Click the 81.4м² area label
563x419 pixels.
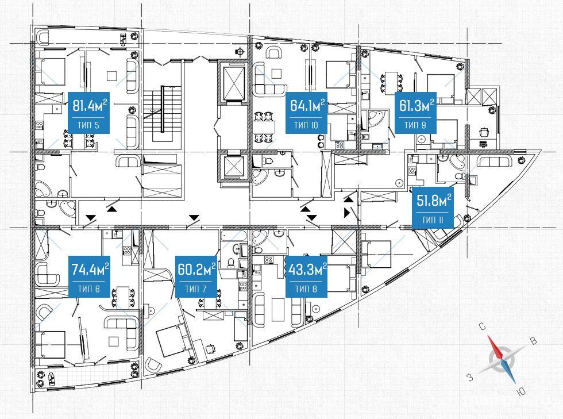90,106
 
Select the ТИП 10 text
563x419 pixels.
306,125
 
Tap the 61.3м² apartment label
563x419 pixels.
416,106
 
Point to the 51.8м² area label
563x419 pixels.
433,201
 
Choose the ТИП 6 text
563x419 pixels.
88,289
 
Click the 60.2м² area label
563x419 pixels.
196,269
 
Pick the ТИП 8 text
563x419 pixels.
306,289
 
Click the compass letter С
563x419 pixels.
483,326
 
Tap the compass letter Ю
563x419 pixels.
520,391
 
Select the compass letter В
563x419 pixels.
534,340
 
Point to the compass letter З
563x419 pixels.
470,377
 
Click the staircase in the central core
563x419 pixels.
163,114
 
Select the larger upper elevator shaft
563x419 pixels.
233,82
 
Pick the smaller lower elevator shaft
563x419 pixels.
233,166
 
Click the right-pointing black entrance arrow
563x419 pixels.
347,213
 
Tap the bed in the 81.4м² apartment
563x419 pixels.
51,71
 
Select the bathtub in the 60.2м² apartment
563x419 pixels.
234,236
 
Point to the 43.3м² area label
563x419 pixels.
306,269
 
